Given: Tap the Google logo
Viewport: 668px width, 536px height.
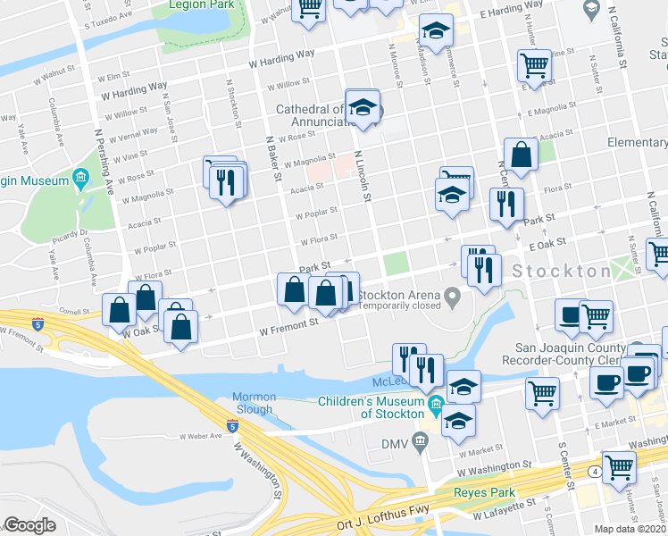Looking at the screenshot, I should point(29,525).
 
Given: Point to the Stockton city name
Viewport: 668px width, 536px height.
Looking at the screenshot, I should point(560,271).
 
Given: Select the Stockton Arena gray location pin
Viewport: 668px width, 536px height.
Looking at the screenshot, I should point(453,295).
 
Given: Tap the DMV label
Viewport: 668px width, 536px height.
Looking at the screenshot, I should point(395,444).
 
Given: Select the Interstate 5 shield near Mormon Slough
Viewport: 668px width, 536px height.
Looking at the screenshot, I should point(232,424).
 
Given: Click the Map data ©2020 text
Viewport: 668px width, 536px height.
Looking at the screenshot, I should point(629,529).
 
